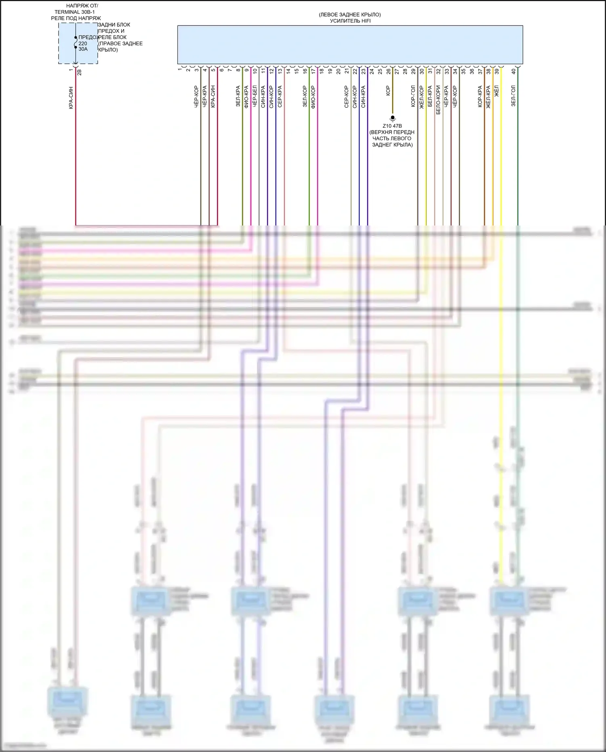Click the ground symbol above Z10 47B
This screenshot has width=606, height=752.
click(x=392, y=118)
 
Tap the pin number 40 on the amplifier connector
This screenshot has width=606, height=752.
click(x=513, y=71)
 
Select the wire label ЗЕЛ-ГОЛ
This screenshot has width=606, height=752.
click(x=513, y=96)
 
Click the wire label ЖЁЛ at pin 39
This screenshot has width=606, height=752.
click(x=497, y=91)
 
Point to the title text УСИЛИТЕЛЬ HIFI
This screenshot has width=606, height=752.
click(x=350, y=21)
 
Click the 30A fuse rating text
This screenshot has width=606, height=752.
click(x=83, y=49)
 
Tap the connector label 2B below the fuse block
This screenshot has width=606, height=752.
click(x=79, y=72)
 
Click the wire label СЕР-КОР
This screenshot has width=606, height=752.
click(x=347, y=97)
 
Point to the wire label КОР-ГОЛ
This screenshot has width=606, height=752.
click(x=413, y=96)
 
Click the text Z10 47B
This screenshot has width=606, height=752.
click(x=392, y=126)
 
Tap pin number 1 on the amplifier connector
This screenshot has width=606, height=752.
click(x=180, y=70)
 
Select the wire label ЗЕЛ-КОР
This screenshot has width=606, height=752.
click(x=305, y=96)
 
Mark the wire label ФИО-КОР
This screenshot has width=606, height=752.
click(x=314, y=96)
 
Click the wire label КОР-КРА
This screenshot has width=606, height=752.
click(x=480, y=96)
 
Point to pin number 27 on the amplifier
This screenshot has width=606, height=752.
click(x=397, y=71)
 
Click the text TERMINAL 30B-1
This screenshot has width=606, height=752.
click(x=75, y=12)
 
